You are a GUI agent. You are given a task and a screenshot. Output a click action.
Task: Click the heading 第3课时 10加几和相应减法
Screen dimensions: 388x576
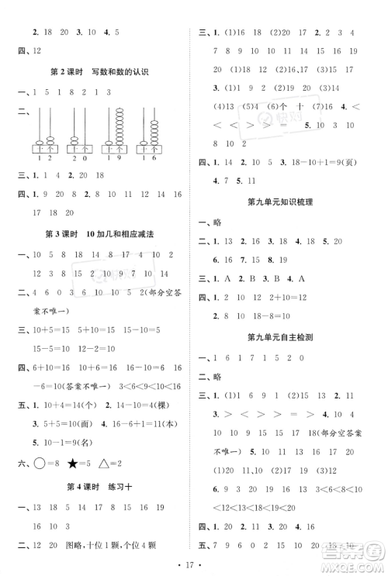(x=99, y=233)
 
